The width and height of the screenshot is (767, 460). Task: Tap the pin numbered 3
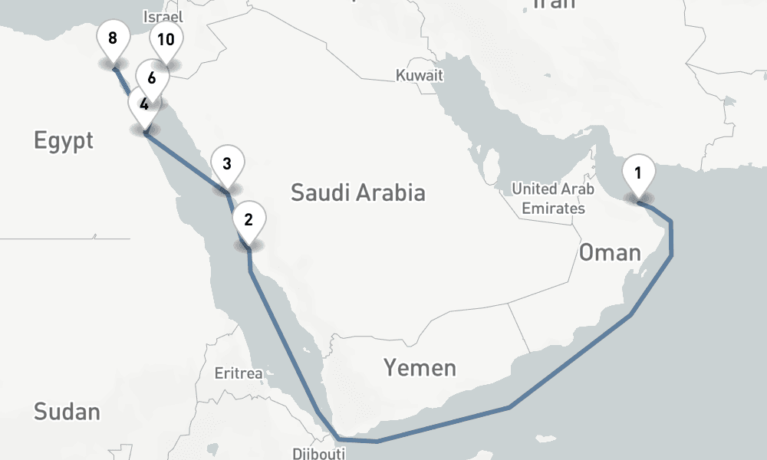coord(227,164)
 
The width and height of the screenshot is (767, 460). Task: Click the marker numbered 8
coord(113,39)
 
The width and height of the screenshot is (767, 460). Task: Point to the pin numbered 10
coord(166,40)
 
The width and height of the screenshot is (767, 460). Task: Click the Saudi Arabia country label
coord(357,192)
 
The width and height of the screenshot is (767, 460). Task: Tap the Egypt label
coord(64,140)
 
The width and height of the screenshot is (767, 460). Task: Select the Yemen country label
coord(420,368)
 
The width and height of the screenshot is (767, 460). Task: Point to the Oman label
coord(610,251)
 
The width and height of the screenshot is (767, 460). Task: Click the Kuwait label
coord(420,75)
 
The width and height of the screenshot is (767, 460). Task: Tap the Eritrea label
coord(239,374)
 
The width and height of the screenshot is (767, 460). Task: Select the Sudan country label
coord(67,412)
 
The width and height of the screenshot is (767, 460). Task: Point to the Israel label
coord(163,16)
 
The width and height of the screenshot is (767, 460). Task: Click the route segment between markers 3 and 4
coord(184,161)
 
